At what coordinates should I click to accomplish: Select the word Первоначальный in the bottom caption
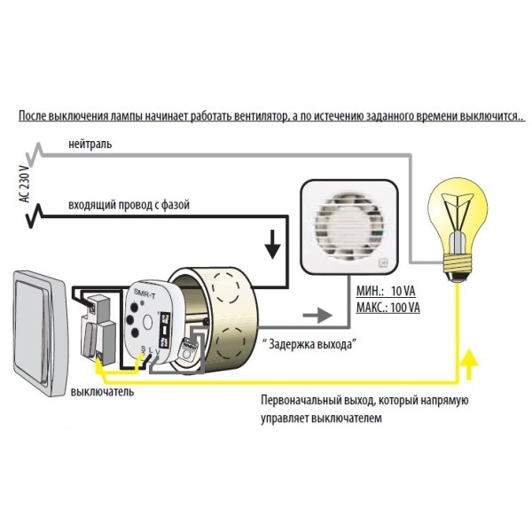tap(305, 401)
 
